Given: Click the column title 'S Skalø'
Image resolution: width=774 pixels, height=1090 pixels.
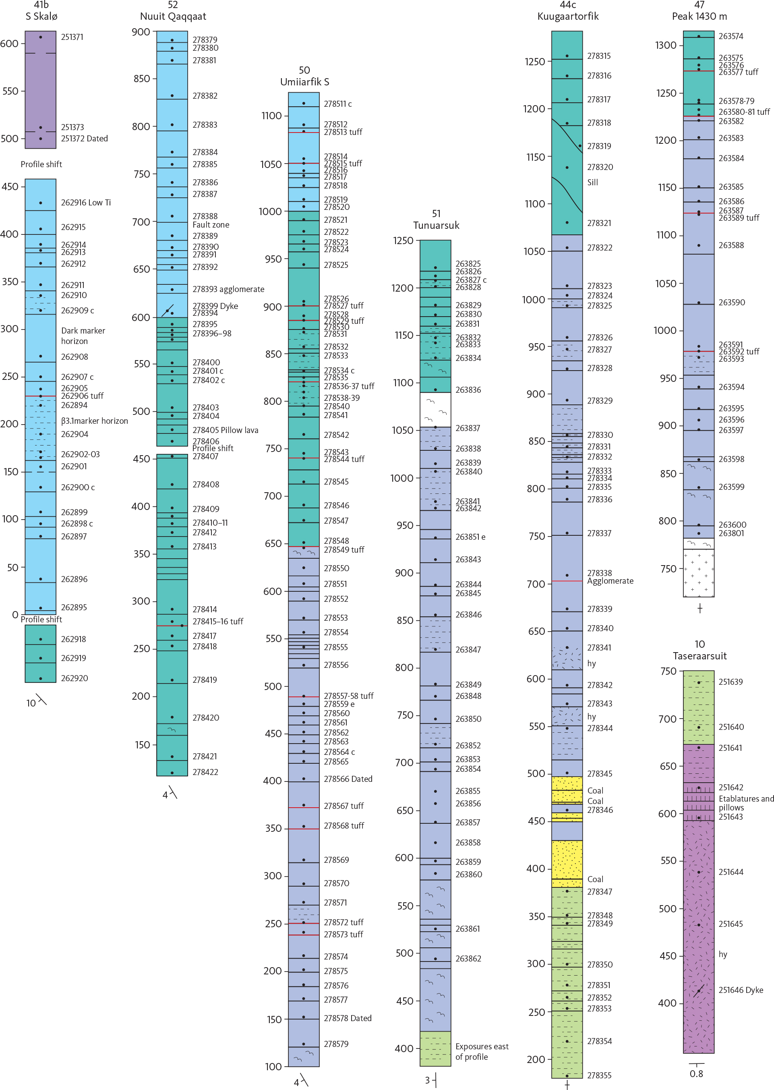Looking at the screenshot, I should point(41,17).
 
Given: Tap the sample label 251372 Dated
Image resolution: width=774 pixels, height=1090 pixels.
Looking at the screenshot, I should point(84,139).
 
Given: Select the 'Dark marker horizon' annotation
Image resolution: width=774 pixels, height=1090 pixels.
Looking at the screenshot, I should point(83,336).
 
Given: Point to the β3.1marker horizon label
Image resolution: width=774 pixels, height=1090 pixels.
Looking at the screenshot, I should point(94,421).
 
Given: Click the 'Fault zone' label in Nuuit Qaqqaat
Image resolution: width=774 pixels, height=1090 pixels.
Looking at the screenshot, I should point(211,225).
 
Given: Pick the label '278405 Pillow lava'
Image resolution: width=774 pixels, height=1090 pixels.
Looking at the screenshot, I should point(226,430).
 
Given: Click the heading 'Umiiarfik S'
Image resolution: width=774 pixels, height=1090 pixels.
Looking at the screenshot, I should point(304,82).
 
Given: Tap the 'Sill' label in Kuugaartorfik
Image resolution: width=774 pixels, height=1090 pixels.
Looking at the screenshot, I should point(592,182).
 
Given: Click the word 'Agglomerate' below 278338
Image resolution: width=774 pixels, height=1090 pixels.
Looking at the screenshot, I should point(610,581).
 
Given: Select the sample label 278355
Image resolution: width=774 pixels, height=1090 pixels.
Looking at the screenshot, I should point(599,1076).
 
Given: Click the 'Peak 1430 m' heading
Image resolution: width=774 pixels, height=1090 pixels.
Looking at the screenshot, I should point(699,17).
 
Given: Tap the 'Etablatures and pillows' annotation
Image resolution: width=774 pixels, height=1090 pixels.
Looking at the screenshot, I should point(746,803).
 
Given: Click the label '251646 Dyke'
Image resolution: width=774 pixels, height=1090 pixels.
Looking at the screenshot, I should point(741,991).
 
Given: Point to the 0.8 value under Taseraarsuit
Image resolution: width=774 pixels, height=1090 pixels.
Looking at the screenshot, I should point(696,1074).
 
